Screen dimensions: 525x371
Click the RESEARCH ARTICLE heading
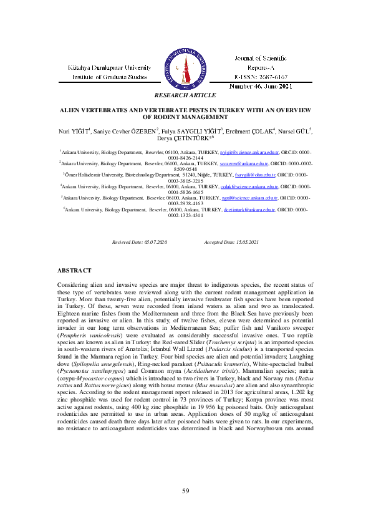pyautogui.click(x=185, y=95)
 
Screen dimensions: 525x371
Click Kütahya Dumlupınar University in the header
pyautogui.click(x=110, y=67)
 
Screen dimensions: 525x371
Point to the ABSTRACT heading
pyautogui.click(x=74, y=270)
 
